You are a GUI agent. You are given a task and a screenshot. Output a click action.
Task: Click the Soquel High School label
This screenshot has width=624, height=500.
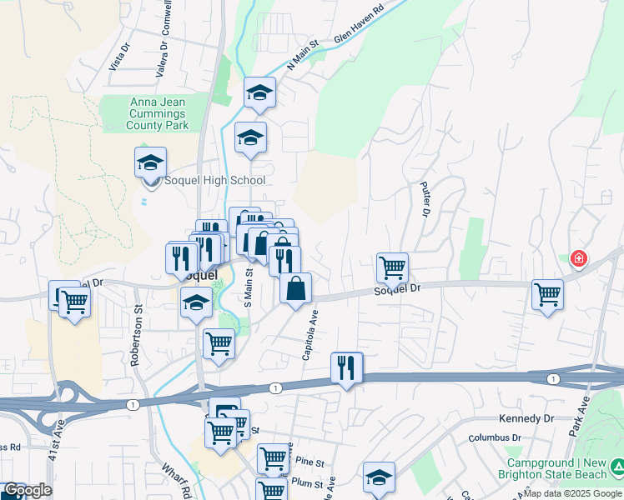216,180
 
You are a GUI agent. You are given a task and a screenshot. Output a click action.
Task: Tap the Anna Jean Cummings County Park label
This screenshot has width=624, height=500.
157,114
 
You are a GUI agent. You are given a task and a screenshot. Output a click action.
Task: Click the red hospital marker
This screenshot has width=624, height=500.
577,259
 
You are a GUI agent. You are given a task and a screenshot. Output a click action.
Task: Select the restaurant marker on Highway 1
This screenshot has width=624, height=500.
346,367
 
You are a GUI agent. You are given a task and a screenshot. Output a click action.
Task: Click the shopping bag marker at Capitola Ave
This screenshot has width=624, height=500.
295,290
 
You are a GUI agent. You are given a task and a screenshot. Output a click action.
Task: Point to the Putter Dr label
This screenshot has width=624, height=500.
425,199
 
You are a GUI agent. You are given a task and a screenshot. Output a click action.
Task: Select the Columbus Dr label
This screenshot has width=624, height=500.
494,437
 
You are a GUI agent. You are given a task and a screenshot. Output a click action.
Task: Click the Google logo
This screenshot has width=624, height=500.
27,491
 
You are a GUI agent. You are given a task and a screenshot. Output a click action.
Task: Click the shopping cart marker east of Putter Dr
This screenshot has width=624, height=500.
547,293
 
